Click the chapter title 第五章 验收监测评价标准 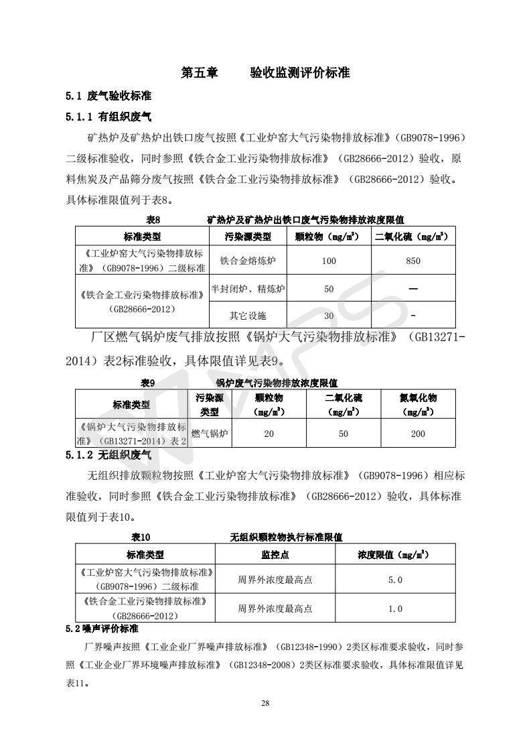[x=265, y=73]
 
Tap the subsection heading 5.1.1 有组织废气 [x=108, y=117]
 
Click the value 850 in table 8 [x=413, y=261]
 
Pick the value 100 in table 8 [x=329, y=261]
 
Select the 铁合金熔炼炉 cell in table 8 [x=248, y=261]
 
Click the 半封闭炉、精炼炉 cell [x=248, y=289]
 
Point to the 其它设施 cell [x=248, y=316]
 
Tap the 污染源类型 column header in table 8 [x=248, y=237]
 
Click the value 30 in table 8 [x=329, y=316]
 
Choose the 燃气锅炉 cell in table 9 [x=210, y=434]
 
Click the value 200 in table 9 [x=418, y=434]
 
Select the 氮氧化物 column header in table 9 [x=418, y=404]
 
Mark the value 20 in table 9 [x=269, y=434]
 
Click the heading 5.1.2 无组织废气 [x=108, y=456]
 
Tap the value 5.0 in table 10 [x=395, y=580]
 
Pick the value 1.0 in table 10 [x=395, y=609]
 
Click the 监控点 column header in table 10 [x=275, y=554]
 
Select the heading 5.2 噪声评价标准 [x=102, y=629]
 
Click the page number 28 [x=265, y=703]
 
